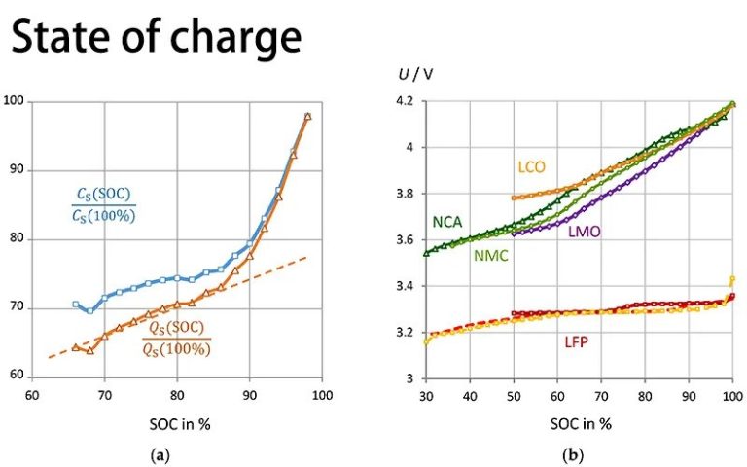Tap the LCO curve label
pyautogui.click(x=532, y=167)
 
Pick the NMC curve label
pyautogui.click(x=488, y=256)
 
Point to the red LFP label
pyautogui.click(x=578, y=341)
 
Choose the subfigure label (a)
pyautogui.click(x=176, y=452)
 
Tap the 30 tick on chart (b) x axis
pyautogui.click(x=425, y=396)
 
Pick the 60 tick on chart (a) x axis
pyautogui.click(x=32, y=396)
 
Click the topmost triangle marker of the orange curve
pyautogui.click(x=307, y=116)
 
